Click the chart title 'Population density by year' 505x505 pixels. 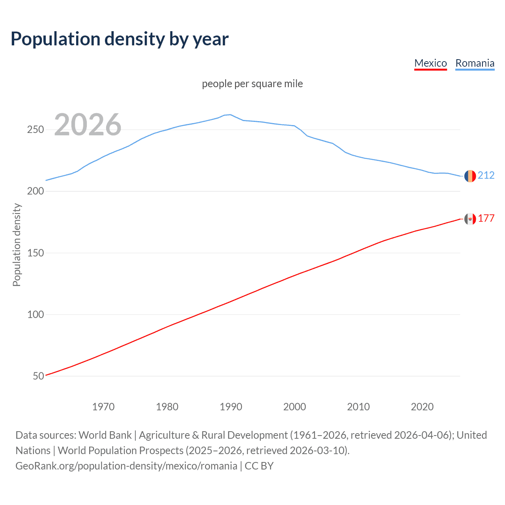click(120, 39)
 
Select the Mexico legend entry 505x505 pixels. click(430, 63)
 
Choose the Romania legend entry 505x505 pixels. click(475, 63)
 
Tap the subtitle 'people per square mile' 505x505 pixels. click(252, 84)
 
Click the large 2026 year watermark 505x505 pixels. click(88, 125)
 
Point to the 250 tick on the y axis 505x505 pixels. click(36, 129)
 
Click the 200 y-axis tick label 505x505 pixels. click(36, 191)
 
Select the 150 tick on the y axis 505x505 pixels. click(36, 253)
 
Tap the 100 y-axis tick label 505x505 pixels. click(36, 314)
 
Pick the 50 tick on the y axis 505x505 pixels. click(38, 376)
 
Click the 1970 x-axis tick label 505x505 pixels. click(103, 407)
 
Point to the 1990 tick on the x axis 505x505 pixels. click(231, 407)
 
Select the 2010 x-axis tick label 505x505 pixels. click(358, 407)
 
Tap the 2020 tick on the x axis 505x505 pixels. click(422, 407)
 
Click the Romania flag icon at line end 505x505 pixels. click(470, 176)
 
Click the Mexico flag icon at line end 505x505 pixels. click(470, 219)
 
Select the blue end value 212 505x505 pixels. click(486, 175)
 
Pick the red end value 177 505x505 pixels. click(486, 218)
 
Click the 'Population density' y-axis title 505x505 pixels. click(17, 245)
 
